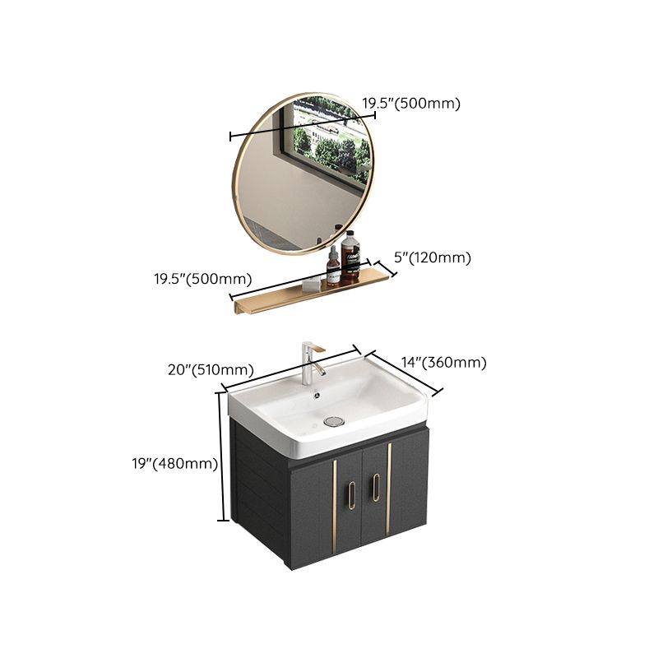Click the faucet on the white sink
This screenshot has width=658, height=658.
click(x=309, y=362)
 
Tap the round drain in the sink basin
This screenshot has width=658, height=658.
click(x=333, y=420)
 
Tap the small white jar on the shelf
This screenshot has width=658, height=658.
click(x=311, y=284)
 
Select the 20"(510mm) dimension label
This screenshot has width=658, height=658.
click(x=210, y=370)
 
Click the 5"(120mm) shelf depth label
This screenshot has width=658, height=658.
click(x=433, y=257)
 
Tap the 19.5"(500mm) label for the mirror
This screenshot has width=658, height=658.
click(x=411, y=103)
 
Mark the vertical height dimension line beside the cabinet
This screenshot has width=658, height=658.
click(x=221, y=456)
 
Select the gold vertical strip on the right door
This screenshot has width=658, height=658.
click(x=389, y=493)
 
